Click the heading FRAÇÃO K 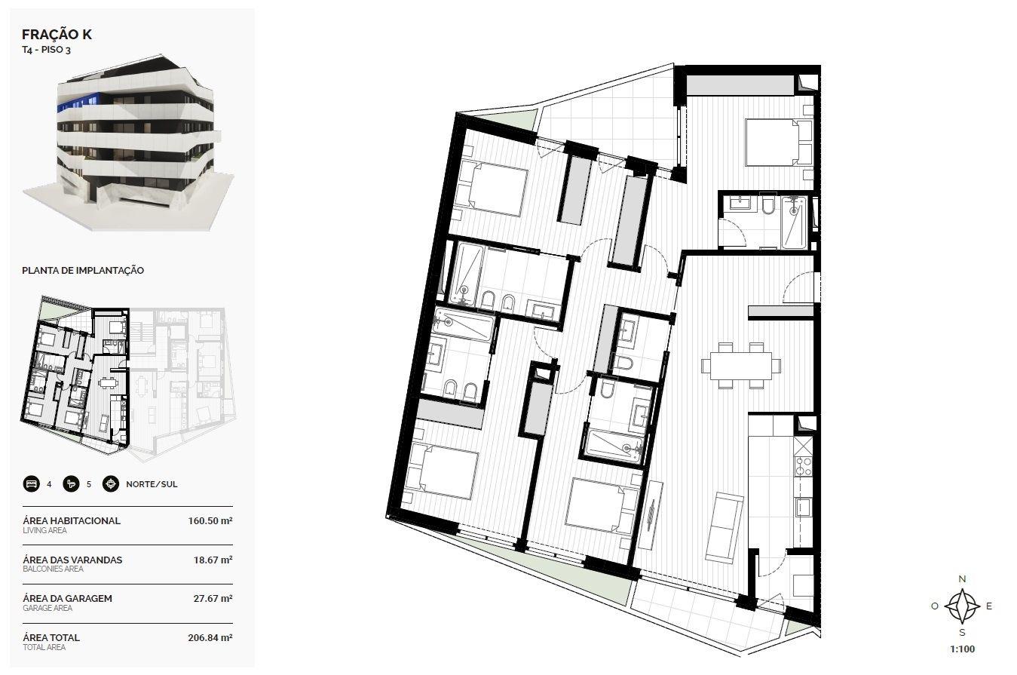[x=57, y=35]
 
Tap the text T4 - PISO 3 [x=46, y=50]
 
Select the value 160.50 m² [x=210, y=521]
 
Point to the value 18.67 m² [x=213, y=560]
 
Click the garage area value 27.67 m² [x=213, y=599]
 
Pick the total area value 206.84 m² [x=210, y=638]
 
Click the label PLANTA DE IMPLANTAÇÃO [x=83, y=270]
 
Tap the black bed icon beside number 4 [x=32, y=484]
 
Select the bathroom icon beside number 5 [x=71, y=484]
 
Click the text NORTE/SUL [x=152, y=484]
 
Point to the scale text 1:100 [x=962, y=649]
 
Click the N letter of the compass [x=962, y=579]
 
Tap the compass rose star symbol [x=962, y=606]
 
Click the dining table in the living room [x=740, y=366]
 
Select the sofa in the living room [x=724, y=528]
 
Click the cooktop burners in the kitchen [x=803, y=466]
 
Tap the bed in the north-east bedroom [x=779, y=143]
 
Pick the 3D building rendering [x=128, y=143]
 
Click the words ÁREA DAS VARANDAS [x=72, y=560]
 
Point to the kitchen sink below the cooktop [x=803, y=507]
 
